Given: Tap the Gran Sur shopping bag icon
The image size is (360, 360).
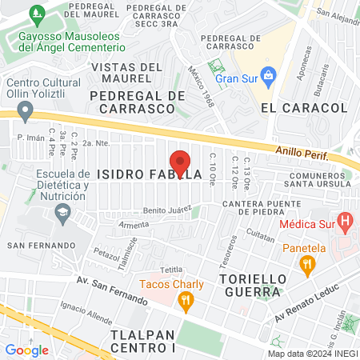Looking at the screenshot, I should [x=269, y=79].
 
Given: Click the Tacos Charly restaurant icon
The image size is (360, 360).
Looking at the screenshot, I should [x=186, y=301].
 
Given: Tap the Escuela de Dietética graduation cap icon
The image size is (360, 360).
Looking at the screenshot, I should [x=61, y=211].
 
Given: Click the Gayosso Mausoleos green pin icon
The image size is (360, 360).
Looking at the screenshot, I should [x=35, y=14].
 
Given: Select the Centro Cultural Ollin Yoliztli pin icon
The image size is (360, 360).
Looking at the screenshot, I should [x=26, y=109].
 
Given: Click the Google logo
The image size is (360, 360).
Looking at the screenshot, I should [x=26, y=350].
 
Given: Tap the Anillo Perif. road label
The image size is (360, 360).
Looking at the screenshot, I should [x=302, y=150].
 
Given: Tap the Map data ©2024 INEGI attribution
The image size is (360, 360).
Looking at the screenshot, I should [x=312, y=354].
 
